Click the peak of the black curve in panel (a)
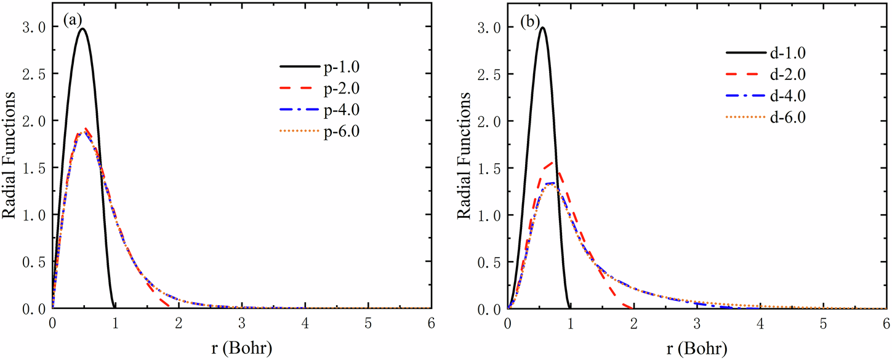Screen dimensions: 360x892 [82, 28]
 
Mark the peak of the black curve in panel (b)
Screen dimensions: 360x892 [542, 27]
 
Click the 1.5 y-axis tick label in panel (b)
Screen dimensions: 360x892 [491, 168]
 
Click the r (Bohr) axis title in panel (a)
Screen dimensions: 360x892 [240, 346]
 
